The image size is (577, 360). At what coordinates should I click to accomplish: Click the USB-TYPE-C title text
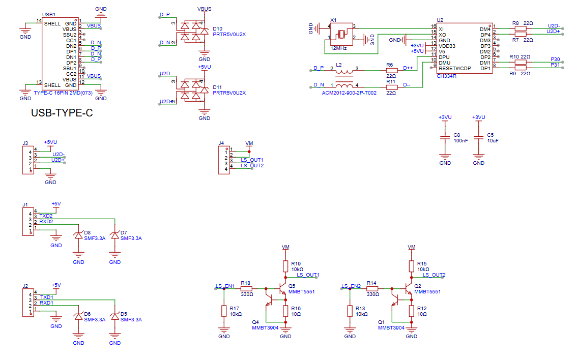pos(62,113)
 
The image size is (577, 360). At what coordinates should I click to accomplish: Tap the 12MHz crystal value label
pos(338,48)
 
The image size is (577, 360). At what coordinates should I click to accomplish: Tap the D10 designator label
pos(218,29)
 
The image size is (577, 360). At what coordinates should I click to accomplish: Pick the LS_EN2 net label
pos(351,286)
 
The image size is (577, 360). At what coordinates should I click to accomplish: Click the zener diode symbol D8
pos(78,235)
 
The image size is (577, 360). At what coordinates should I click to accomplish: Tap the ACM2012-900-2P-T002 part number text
pos(349,93)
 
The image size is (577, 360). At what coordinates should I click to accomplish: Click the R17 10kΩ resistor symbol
pos(223,311)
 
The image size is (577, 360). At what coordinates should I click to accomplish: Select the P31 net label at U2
pos(555,65)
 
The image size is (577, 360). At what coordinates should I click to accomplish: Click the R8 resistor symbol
pos(521,28)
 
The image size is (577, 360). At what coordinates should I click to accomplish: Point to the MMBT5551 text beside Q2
pos(427,292)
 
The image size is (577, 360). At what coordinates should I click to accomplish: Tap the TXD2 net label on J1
pos(46,216)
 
